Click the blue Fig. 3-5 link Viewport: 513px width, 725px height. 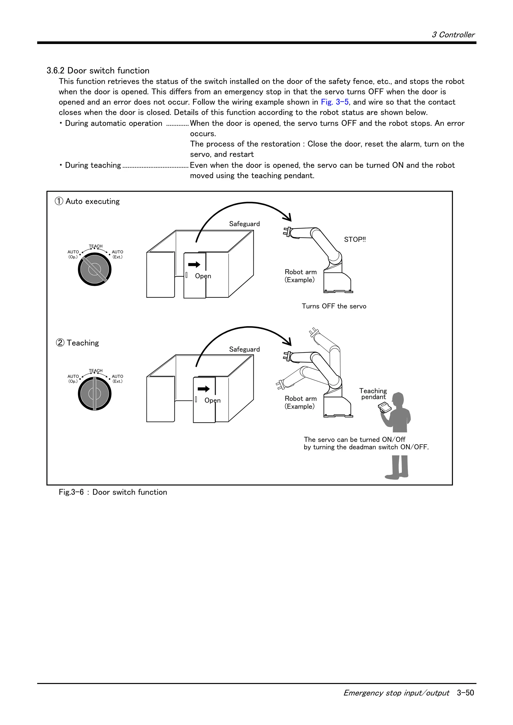pyautogui.click(x=334, y=102)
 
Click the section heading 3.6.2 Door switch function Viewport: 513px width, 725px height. pyautogui.click(x=98, y=70)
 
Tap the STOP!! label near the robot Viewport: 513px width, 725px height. pyautogui.click(x=355, y=239)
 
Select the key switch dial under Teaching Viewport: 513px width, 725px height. pyautogui.click(x=94, y=394)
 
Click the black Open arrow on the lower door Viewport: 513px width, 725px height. pyautogui.click(x=204, y=389)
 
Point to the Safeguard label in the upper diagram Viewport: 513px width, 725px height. pyautogui.click(x=244, y=224)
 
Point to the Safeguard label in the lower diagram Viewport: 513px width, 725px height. pyautogui.click(x=244, y=349)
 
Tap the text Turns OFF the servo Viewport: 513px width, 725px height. pyautogui.click(x=334, y=306)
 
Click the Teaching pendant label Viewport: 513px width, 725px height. pyautogui.click(x=373, y=394)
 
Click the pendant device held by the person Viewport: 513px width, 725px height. pyautogui.click(x=385, y=407)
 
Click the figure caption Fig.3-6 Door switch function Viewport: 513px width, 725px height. pyautogui.click(x=113, y=492)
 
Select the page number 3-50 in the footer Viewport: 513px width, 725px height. pyautogui.click(x=465, y=693)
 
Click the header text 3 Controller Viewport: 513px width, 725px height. pyautogui.click(x=453, y=35)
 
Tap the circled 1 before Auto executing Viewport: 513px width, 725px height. pyautogui.click(x=59, y=201)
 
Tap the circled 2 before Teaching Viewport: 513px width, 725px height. pyautogui.click(x=60, y=342)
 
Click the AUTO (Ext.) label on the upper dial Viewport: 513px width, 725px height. pyautogui.click(x=117, y=254)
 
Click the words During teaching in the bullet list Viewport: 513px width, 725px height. pyautogui.click(x=93, y=165)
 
